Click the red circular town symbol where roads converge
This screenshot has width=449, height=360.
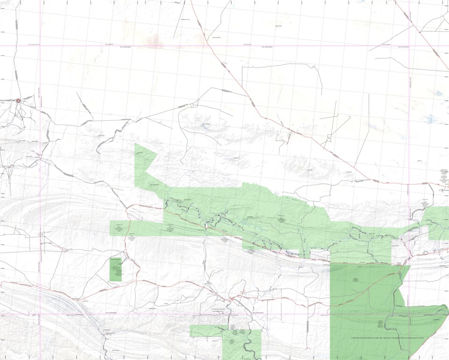[x=19, y=101]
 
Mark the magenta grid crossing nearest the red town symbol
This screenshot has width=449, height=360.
[x=40, y=46]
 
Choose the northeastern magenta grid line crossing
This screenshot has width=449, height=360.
[x=409, y=46]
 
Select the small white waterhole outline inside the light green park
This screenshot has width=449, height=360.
[x=206, y=226]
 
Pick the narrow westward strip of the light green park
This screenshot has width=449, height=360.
[x=135, y=228]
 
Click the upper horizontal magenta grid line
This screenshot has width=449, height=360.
[x=224, y=46]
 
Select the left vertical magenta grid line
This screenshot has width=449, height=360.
[x=40, y=187]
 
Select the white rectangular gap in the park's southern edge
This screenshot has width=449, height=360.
[x=321, y=255]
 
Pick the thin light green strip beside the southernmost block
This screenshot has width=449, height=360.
[x=206, y=331]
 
